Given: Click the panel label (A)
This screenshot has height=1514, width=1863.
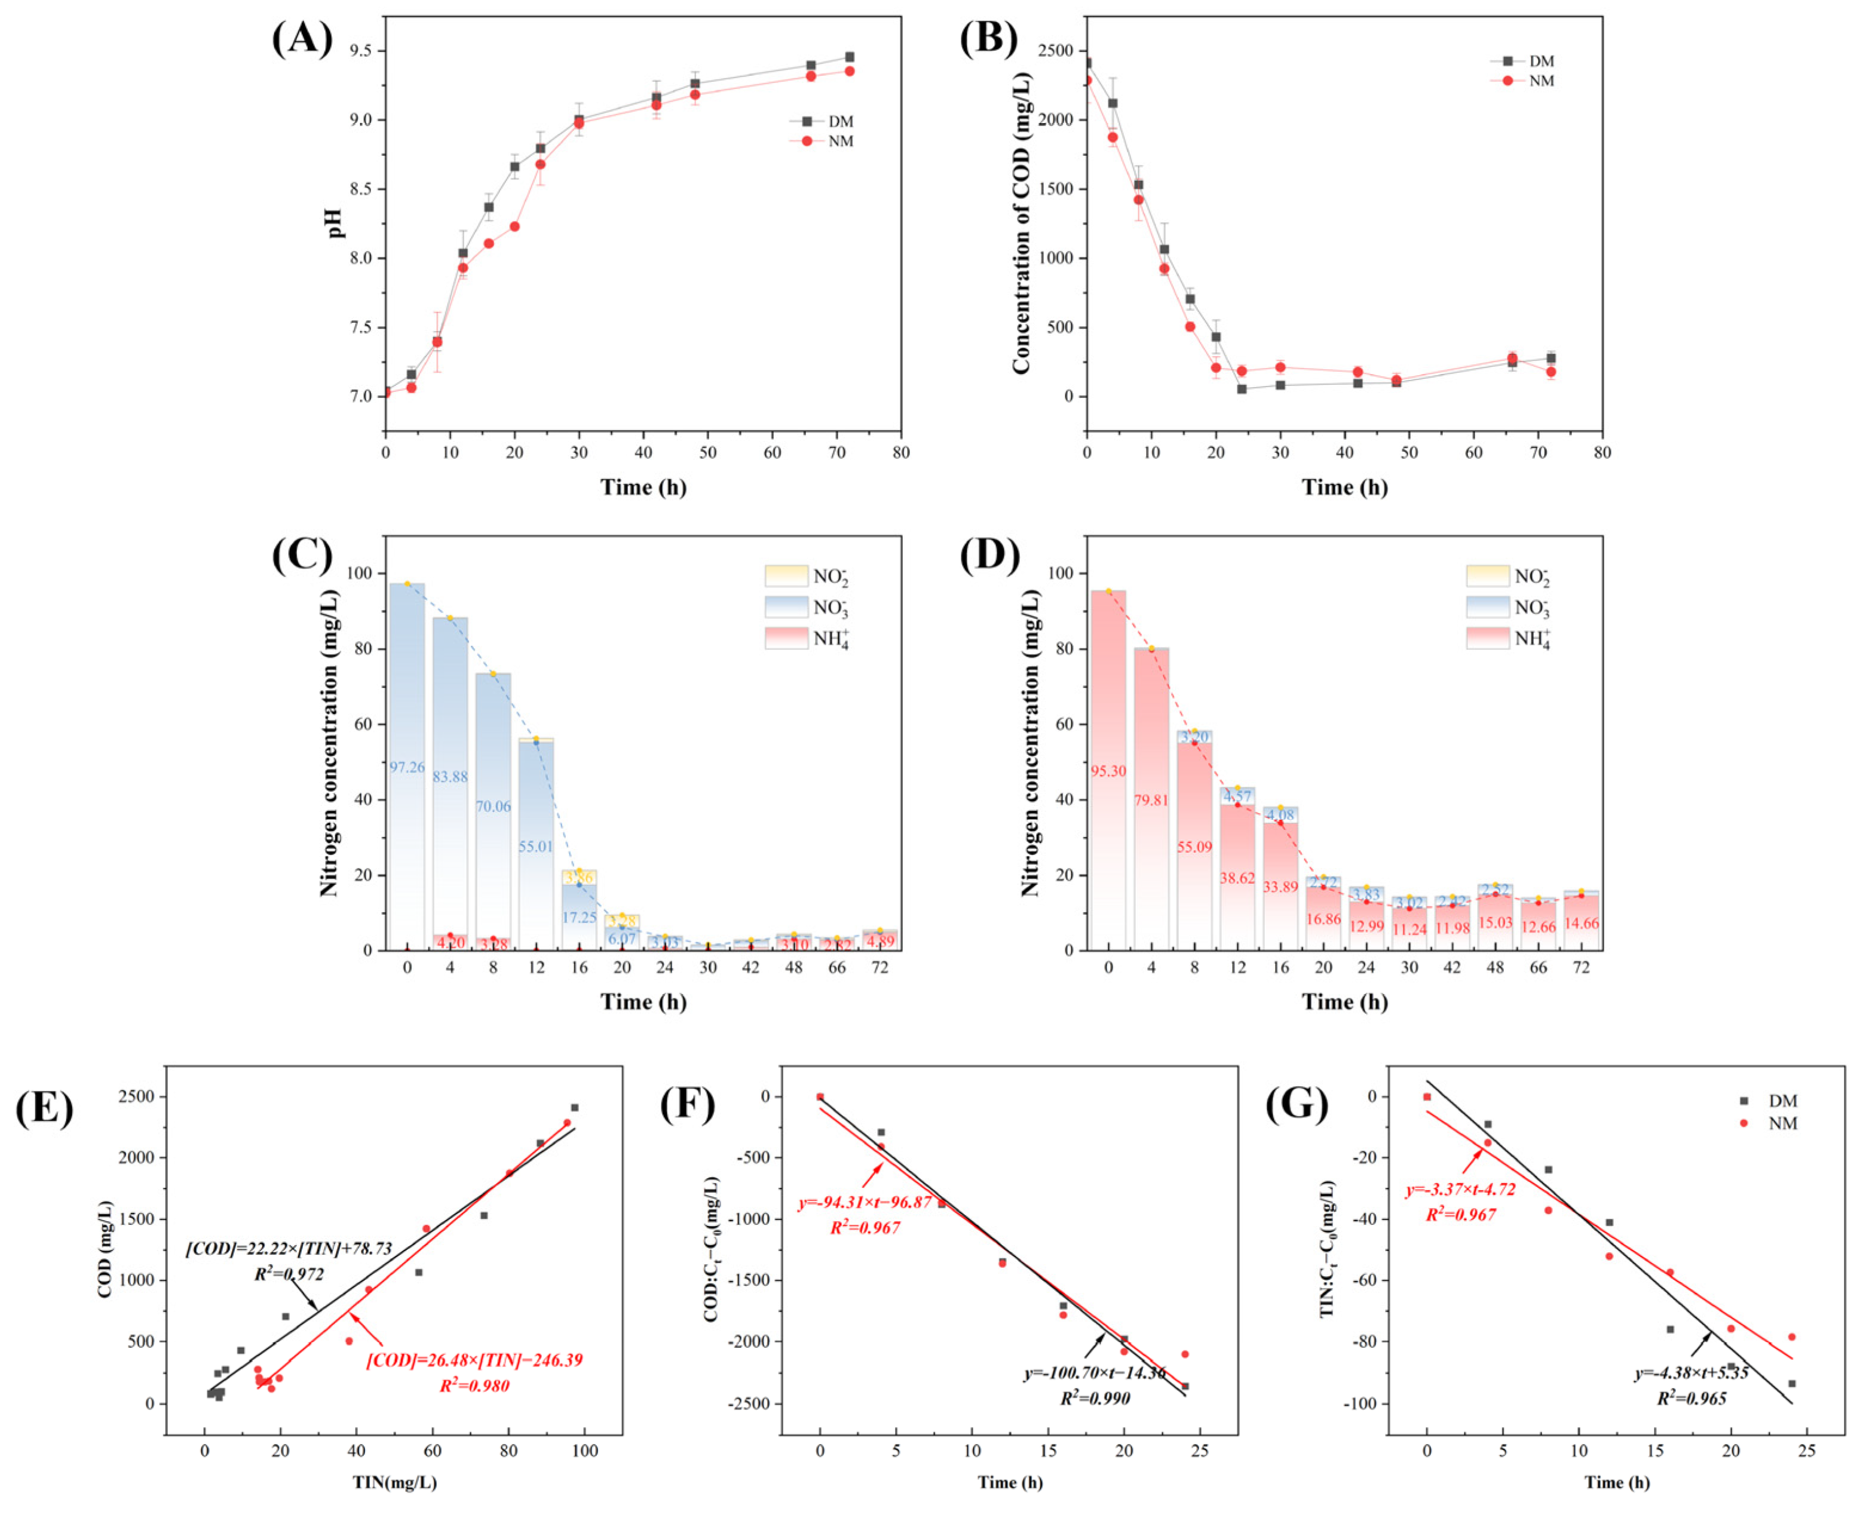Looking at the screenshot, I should coord(302,39).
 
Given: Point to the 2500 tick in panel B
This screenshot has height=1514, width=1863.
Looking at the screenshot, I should coord(1055,51).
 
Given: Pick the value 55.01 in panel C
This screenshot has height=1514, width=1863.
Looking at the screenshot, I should coord(535,846).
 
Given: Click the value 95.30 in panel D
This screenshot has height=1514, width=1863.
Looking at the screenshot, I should coord(1108,771).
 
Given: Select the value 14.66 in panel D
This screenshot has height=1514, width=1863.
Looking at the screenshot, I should coord(1580,923).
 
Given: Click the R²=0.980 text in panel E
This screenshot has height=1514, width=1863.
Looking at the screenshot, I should coord(474,1386).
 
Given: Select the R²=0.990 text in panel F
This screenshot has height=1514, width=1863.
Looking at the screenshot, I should coord(1095,1399).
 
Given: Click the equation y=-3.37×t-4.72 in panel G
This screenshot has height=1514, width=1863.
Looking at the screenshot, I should coord(1460,1190).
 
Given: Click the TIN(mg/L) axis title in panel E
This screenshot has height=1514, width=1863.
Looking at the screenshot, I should coord(394,1482).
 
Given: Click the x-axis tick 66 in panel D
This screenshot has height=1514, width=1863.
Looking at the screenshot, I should coord(1538,967).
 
